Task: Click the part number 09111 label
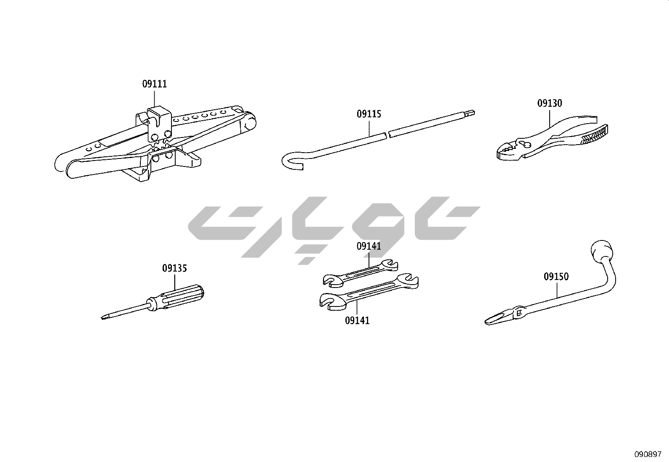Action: pos(154,84)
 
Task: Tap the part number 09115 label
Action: pos(369,114)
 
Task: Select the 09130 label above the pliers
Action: pos(550,103)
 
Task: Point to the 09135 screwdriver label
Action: pos(174,268)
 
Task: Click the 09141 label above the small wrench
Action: pos(369,246)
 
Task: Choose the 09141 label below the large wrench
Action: pos(357,321)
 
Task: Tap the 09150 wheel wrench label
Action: pos(556,277)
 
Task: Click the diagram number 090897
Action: pos(648,454)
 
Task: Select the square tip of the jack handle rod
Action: pos(471,113)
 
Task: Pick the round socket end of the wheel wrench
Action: pos(601,250)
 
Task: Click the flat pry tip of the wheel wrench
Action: pos(497,319)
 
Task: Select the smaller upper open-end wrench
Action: pos(361,273)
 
